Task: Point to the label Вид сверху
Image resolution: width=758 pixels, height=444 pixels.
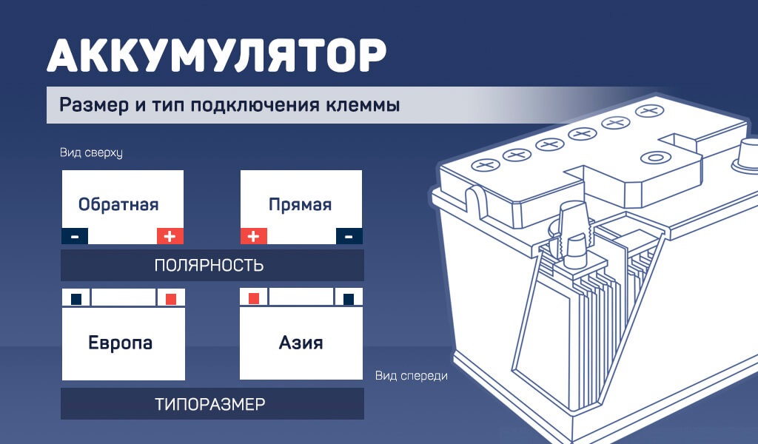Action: (x=91, y=153)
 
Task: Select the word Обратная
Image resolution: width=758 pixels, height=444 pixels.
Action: (x=118, y=204)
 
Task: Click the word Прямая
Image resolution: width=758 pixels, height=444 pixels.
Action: (x=300, y=204)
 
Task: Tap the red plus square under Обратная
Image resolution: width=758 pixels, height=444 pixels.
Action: (x=170, y=236)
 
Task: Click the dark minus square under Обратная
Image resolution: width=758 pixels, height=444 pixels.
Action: (x=74, y=236)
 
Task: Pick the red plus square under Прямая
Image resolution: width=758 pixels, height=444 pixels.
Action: (x=254, y=236)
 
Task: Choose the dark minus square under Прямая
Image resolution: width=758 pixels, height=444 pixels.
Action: (x=349, y=236)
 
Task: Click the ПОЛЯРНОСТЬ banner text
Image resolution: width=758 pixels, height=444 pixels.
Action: (x=209, y=265)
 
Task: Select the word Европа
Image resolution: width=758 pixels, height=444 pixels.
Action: (x=121, y=343)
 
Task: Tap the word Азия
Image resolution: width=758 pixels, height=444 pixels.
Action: (x=301, y=343)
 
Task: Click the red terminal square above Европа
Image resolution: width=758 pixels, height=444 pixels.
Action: (x=171, y=299)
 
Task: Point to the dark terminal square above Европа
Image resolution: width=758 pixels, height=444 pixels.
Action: (x=76, y=299)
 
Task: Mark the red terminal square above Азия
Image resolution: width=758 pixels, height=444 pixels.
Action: (x=254, y=298)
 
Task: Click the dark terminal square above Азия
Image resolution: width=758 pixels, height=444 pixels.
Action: (x=349, y=299)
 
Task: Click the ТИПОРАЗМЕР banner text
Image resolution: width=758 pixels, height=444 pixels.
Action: (x=210, y=404)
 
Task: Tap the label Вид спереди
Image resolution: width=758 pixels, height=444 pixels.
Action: (x=412, y=376)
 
